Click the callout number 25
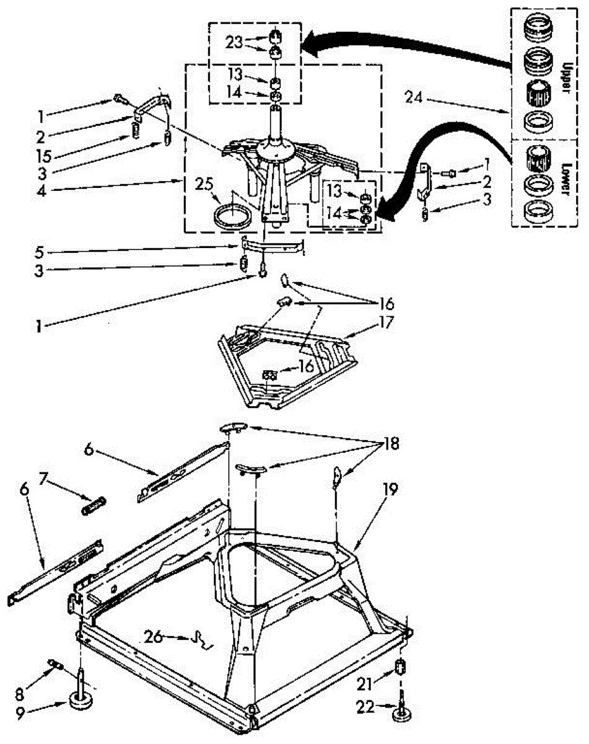click(x=204, y=184)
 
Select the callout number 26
click(x=154, y=637)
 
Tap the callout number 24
click(x=414, y=98)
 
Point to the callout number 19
click(x=390, y=489)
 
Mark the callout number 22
click(x=365, y=707)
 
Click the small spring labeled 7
click(x=94, y=506)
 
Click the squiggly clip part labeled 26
click(x=201, y=640)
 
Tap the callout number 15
click(x=44, y=156)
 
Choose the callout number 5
click(x=40, y=252)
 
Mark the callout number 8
click(x=20, y=692)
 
